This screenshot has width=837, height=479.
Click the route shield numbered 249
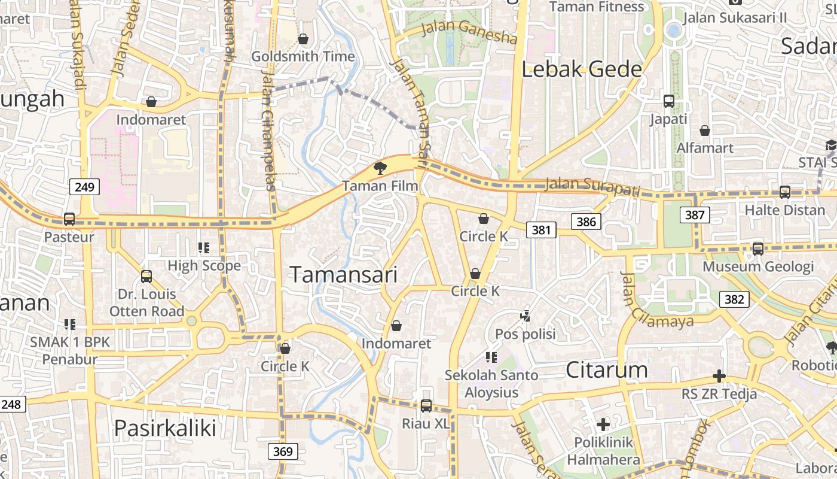[85, 187]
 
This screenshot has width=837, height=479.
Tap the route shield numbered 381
[541, 229]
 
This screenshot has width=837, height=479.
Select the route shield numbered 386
[586, 222]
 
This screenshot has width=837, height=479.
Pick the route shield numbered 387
[695, 214]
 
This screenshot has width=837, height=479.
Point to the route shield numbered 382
[734, 299]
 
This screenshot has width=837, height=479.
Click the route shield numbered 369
[282, 451]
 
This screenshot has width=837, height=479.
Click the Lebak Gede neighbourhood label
[582, 69]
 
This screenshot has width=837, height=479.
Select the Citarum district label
[606, 369]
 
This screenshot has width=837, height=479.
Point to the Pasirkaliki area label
[164, 428]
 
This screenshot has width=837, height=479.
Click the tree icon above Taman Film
[380, 168]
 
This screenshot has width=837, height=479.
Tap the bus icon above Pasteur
[69, 219]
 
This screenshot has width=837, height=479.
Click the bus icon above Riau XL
[426, 406]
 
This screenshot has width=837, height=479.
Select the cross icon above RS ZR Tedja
[719, 376]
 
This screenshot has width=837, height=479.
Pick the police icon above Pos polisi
[526, 316]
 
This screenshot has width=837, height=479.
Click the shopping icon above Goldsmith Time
[303, 39]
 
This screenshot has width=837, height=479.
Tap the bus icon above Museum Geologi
[757, 248]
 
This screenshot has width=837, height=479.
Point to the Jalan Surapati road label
[592, 187]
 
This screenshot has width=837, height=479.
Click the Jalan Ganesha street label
[469, 32]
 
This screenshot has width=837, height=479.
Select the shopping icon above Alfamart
[705, 130]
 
